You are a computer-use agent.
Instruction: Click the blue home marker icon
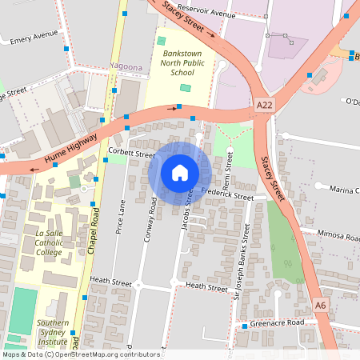coord(180,173)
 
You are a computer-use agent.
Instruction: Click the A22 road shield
coord(266,105)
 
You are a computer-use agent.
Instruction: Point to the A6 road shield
coord(321,306)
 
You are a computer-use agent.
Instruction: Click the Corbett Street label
coord(131,153)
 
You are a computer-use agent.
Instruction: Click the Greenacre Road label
coord(277,322)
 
